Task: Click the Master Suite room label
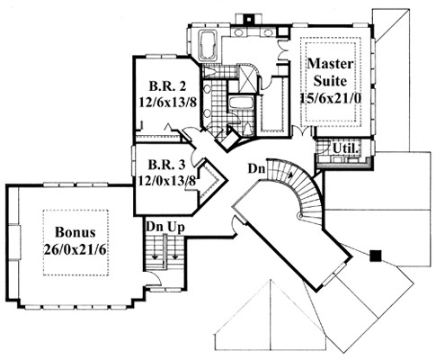coord(330,72)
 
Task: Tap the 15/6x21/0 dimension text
coord(330,98)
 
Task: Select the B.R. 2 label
coord(167,86)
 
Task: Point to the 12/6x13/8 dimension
coord(167,103)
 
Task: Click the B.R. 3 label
coord(167,164)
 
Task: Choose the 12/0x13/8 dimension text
coord(166,181)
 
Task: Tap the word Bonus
coord(76,232)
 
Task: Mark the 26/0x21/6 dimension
coord(75,249)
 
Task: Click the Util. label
coord(345,148)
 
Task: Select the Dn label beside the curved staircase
coord(256,169)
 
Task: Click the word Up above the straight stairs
coord(176,228)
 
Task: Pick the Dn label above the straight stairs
coord(155,227)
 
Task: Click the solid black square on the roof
coord(376,256)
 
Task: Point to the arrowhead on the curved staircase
coord(289,175)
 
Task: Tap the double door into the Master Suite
coord(302,131)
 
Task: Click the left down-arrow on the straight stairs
coord(156,256)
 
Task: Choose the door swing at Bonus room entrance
coord(155,278)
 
